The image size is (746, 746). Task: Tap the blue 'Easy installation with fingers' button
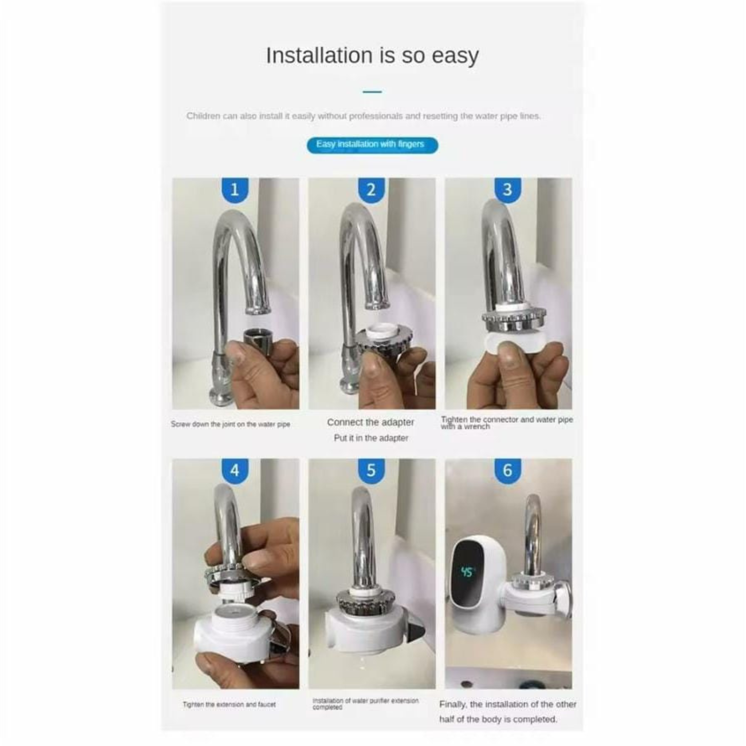[372, 145]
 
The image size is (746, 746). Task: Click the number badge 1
[234, 189]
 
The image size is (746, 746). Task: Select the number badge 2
[371, 189]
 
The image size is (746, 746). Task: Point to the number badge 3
[507, 189]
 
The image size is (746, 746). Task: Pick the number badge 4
[234, 470]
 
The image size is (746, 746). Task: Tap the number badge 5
[371, 470]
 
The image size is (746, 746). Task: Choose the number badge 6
[507, 470]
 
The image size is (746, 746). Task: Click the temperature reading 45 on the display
[467, 572]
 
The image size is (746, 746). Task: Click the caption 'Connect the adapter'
[370, 422]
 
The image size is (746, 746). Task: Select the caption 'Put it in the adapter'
[371, 438]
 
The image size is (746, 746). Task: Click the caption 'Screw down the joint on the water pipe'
[230, 424]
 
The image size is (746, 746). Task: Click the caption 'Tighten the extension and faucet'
[229, 704]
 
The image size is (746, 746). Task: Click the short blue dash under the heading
[372, 92]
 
